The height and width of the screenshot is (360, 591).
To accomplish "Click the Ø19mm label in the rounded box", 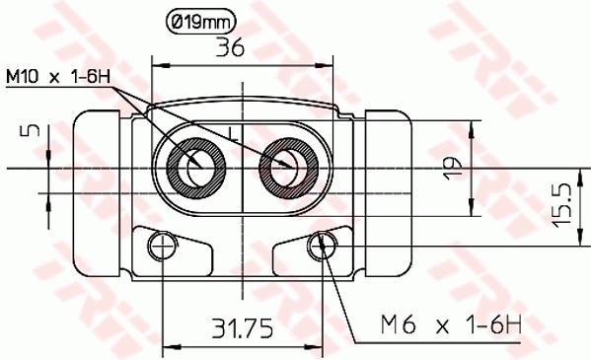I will [203, 20].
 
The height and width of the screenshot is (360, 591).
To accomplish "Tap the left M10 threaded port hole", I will [195, 166].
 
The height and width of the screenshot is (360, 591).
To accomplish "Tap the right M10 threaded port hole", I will [286, 166].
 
